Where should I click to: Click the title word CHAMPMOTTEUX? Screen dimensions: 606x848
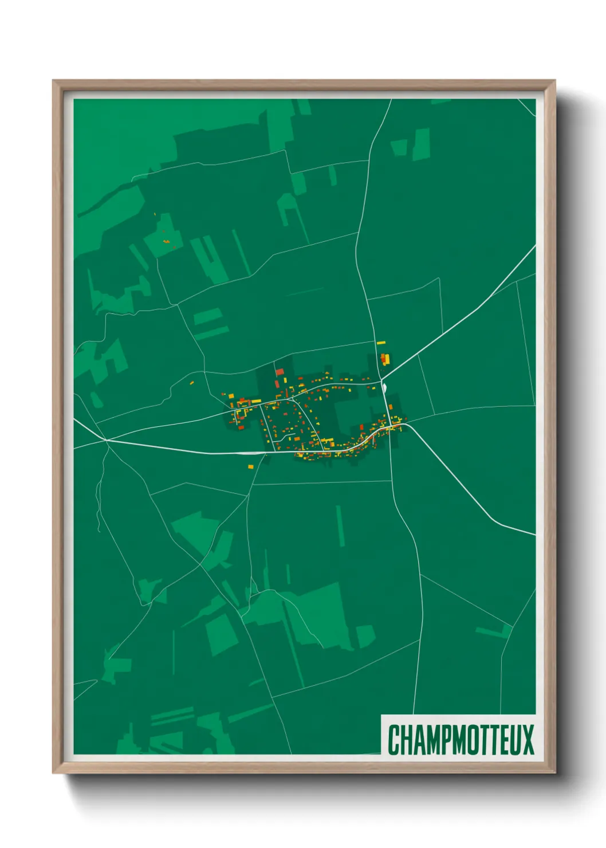[x=461, y=740]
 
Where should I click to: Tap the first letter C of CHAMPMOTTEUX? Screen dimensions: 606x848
[x=393, y=740]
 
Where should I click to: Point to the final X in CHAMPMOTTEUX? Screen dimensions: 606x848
[x=528, y=740]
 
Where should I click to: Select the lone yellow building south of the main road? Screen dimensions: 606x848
[x=251, y=467]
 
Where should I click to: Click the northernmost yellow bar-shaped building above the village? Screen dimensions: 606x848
[x=381, y=343]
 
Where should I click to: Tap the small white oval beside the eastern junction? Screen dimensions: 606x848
[x=384, y=388]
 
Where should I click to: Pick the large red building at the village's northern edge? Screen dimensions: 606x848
[x=280, y=372]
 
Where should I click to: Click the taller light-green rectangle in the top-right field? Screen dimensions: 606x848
[x=422, y=144]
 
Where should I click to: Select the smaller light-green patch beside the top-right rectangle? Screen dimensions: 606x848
[x=399, y=147]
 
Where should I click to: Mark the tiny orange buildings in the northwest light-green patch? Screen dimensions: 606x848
[x=167, y=242]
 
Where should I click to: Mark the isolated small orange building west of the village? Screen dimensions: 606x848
[x=192, y=382]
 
